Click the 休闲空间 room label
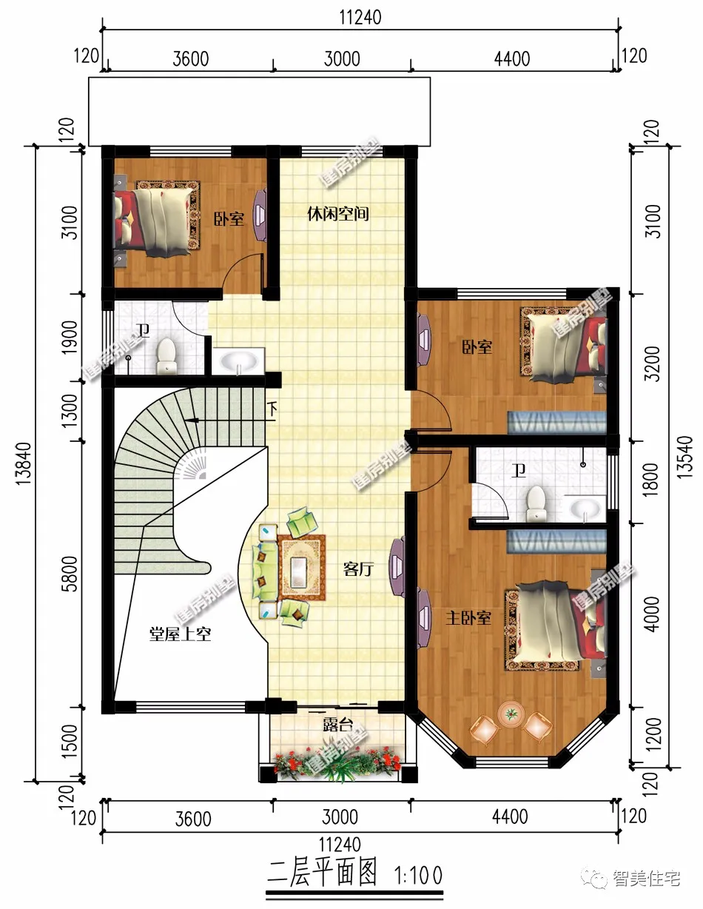[338, 214]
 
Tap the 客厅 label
[358, 568]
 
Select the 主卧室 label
[468, 617]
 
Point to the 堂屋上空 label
[181, 634]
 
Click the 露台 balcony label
[338, 725]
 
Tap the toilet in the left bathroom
[166, 356]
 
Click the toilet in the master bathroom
[536, 503]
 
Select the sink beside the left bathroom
[238, 360]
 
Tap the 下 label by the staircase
[272, 409]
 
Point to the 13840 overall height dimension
[24, 463]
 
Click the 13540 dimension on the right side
[686, 457]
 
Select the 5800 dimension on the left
[71, 574]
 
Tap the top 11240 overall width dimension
[360, 18]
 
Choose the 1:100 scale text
[418, 875]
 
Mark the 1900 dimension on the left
[70, 337]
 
